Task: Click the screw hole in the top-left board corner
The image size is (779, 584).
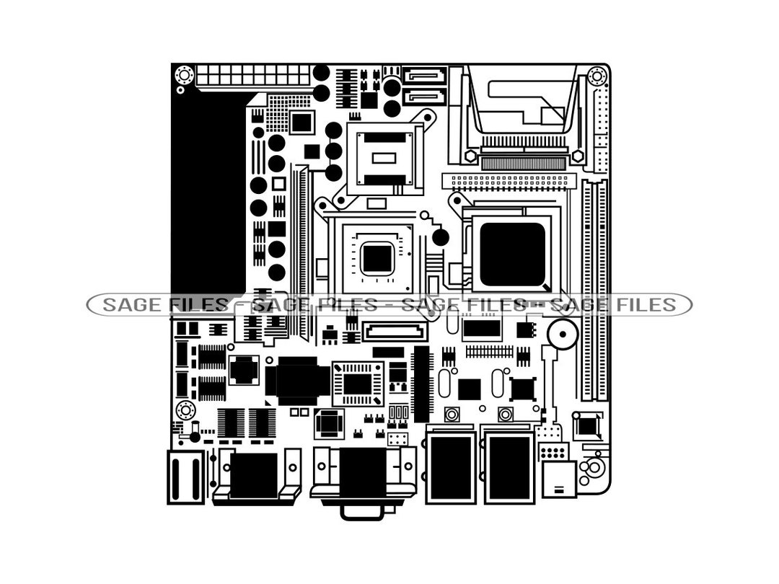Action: pos(184,74)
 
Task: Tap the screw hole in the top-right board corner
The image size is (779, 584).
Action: pos(597,75)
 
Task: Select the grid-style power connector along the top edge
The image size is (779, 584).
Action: pos(252,75)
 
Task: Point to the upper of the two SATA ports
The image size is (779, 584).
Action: pos(425,76)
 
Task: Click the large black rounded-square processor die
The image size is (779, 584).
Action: pos(512,254)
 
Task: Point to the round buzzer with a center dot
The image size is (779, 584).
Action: pos(562,335)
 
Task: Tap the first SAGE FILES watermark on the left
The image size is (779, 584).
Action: pos(164,305)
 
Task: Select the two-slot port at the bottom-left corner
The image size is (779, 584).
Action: pos(185,477)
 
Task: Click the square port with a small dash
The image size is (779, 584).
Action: pos(559,479)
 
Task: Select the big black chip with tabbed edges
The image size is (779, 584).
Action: pos(297,381)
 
